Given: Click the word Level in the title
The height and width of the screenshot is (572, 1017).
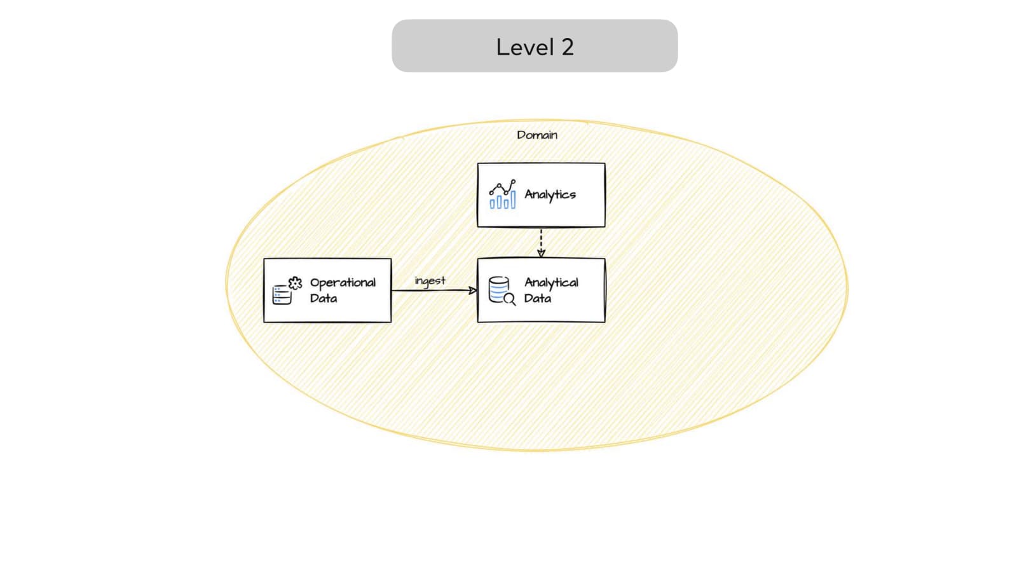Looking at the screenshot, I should point(524,47).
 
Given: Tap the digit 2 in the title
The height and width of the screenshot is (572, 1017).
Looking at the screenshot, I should point(567,47).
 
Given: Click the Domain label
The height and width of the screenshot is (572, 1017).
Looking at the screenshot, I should point(536,135).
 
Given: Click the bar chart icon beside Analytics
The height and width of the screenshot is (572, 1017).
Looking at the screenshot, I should point(502,194).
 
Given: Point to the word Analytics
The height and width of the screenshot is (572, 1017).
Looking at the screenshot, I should point(550,194).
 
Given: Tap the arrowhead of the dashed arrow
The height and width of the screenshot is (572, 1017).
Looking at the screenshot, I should point(541,253).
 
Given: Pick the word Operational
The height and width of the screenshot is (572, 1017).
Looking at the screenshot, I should point(343,282).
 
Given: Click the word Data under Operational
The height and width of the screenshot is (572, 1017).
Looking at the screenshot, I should point(324,298).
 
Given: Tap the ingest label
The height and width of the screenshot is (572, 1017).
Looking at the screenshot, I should point(430,280).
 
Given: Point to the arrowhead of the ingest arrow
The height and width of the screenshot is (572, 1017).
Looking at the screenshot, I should point(472,290).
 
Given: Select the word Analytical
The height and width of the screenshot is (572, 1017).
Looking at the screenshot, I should point(551,282).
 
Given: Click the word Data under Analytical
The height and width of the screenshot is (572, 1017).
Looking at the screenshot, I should point(537,298).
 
